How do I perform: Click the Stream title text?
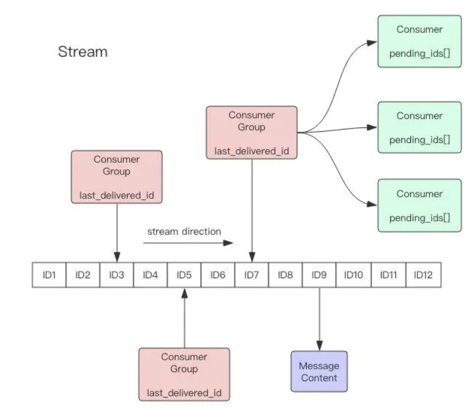(x=83, y=51)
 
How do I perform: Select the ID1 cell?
(x=49, y=275)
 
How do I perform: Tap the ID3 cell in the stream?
(x=117, y=275)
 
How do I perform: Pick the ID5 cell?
(x=184, y=275)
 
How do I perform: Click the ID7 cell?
(x=251, y=275)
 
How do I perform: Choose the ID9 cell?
(x=319, y=275)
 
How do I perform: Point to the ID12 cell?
(x=424, y=275)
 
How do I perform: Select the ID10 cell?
(x=353, y=275)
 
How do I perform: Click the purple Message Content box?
(x=319, y=371)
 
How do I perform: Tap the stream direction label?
(x=184, y=231)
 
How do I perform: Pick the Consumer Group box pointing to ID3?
(x=117, y=177)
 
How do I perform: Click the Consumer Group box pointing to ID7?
(x=251, y=132)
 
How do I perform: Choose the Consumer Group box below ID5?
(x=184, y=374)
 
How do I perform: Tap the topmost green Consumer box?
(x=419, y=41)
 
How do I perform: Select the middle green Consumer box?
(x=419, y=127)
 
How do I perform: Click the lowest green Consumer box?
(x=419, y=205)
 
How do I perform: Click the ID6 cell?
(x=217, y=275)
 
